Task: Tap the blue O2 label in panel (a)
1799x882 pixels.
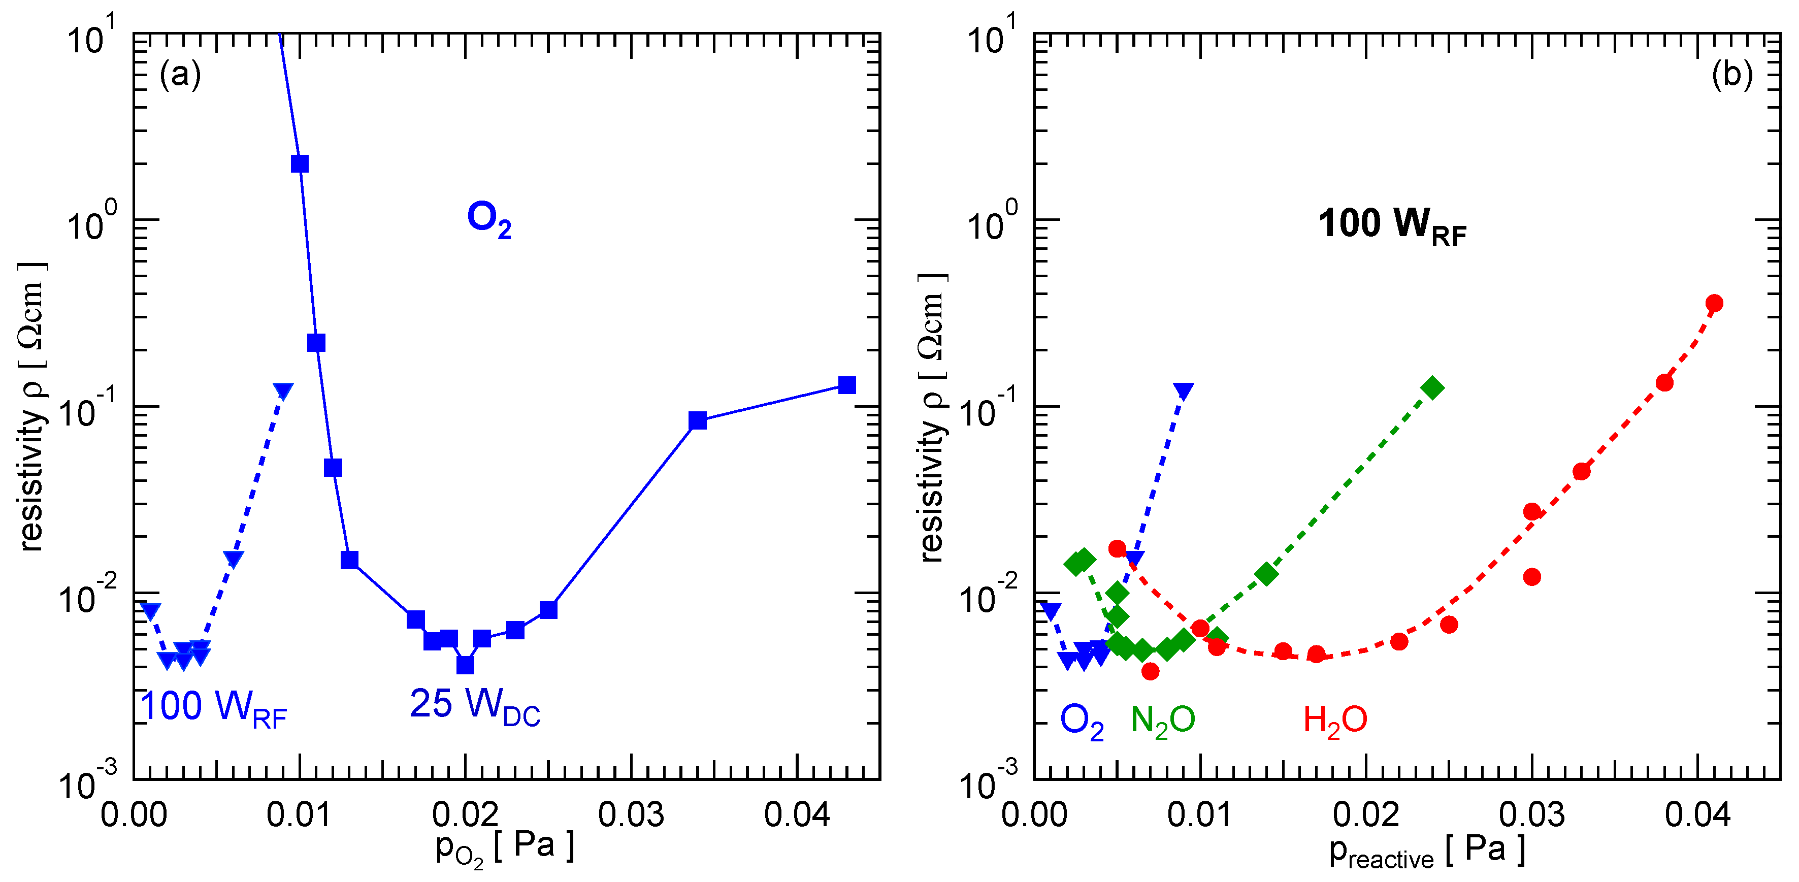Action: click(489, 219)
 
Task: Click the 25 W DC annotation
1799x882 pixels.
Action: click(475, 705)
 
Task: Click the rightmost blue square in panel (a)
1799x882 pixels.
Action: click(846, 385)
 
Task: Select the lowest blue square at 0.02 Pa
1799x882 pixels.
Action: click(465, 665)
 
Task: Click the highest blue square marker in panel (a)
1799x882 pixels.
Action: click(300, 164)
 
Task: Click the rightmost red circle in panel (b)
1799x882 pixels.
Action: click(1714, 303)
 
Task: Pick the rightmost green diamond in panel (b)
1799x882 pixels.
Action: click(1432, 387)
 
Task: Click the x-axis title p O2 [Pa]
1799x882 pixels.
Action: click(504, 847)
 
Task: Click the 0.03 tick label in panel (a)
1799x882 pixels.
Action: click(631, 815)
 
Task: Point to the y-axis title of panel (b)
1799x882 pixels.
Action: click(932, 417)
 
